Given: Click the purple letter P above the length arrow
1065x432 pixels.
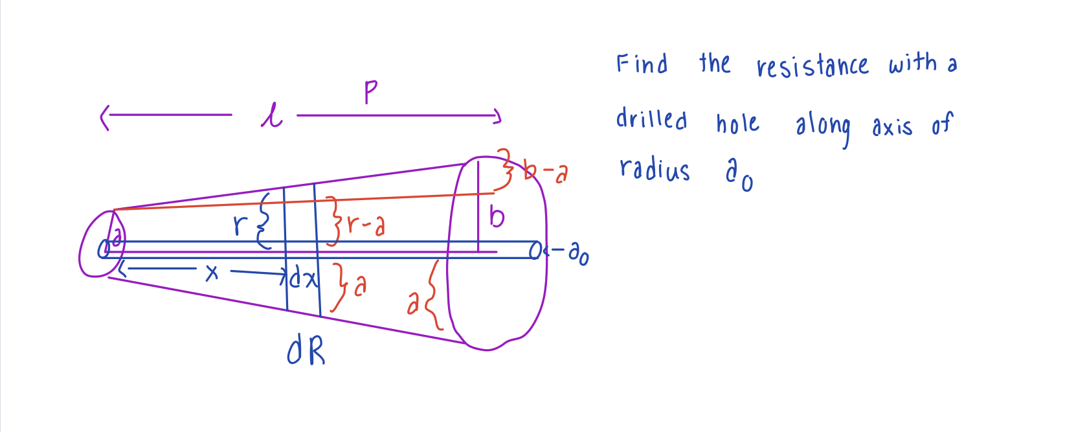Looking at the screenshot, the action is pyautogui.click(x=371, y=91).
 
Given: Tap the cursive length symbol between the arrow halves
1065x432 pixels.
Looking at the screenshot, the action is pyautogui.click(x=272, y=116).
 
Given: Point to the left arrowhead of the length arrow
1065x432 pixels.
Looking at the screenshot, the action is pyautogui.click(x=105, y=118).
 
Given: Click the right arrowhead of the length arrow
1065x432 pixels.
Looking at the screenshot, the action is pyautogui.click(x=497, y=116).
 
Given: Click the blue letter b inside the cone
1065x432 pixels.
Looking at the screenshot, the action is pyautogui.click(x=497, y=217).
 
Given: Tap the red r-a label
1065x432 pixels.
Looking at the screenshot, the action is pyautogui.click(x=366, y=224).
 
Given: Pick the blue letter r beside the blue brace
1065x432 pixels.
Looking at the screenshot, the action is pyautogui.click(x=240, y=225).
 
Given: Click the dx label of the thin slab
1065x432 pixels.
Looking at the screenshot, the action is pyautogui.click(x=304, y=277).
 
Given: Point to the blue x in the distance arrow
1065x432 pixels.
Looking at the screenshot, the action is pyautogui.click(x=212, y=273).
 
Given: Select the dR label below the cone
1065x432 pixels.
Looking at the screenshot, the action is pyautogui.click(x=306, y=351).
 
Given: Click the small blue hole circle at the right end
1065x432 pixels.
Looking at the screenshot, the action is pyautogui.click(x=535, y=250).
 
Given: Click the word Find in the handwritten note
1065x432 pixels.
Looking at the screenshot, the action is pyautogui.click(x=642, y=63).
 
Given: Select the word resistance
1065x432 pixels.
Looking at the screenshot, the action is pyautogui.click(x=813, y=65).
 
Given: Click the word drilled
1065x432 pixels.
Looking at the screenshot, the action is pyautogui.click(x=652, y=119).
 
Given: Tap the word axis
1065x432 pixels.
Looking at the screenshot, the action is pyautogui.click(x=892, y=126).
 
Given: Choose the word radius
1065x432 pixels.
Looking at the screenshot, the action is pyautogui.click(x=655, y=169).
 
